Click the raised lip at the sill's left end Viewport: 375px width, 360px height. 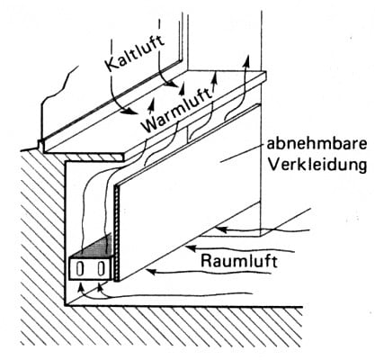(x=43, y=142)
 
